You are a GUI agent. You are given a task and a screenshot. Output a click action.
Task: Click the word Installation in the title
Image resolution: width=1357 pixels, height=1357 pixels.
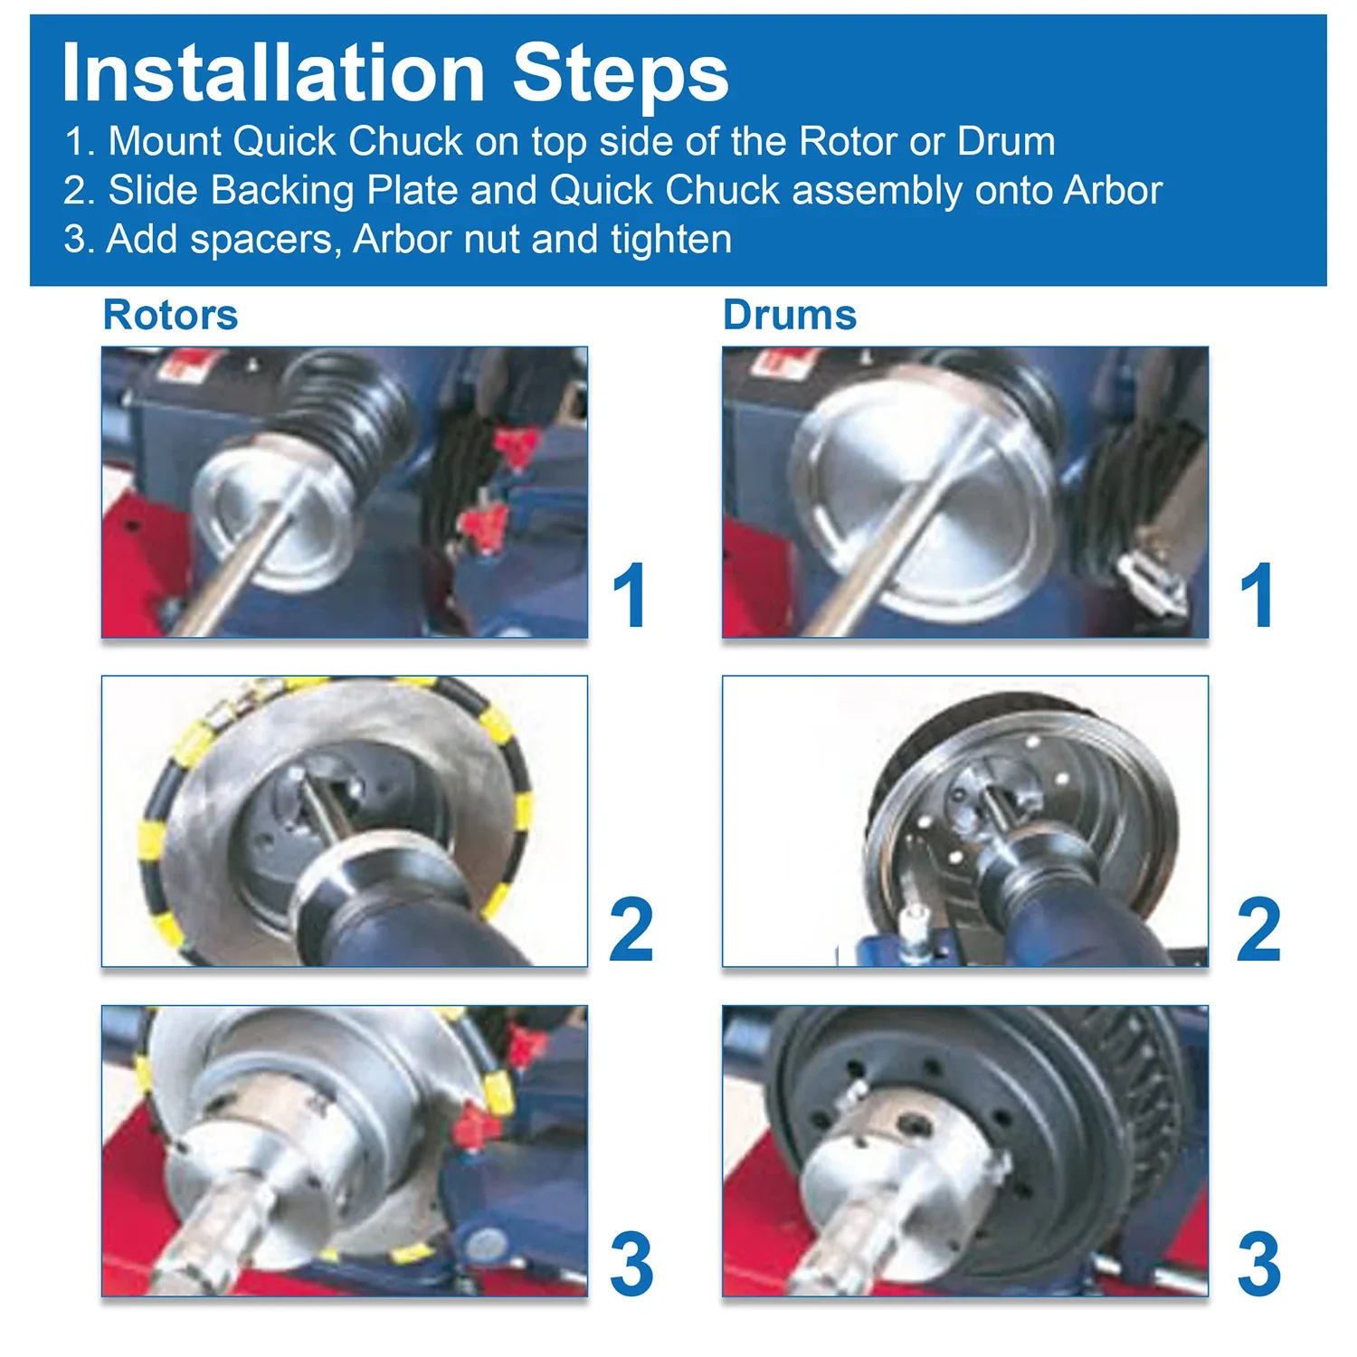pyautogui.click(x=274, y=73)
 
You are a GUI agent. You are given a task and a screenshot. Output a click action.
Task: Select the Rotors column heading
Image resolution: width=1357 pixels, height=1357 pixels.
pyautogui.click(x=171, y=315)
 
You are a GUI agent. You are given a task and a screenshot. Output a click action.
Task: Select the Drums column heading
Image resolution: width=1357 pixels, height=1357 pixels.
pyautogui.click(x=790, y=315)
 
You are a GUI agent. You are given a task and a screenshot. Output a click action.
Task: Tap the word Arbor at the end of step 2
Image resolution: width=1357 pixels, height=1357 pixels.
pyautogui.click(x=1114, y=190)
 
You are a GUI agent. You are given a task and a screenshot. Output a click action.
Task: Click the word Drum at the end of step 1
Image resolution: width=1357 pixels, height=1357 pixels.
pyautogui.click(x=1006, y=141)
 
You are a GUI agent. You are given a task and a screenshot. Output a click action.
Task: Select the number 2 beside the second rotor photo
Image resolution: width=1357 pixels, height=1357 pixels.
pyautogui.click(x=631, y=929)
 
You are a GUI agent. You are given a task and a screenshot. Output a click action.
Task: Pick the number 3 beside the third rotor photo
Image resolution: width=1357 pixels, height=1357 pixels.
pyautogui.click(x=631, y=1263)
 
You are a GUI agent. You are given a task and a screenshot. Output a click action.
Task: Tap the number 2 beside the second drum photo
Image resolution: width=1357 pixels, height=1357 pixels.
pyautogui.click(x=1259, y=929)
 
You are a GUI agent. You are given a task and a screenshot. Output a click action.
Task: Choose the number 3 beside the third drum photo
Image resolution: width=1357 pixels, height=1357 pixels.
pyautogui.click(x=1259, y=1263)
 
